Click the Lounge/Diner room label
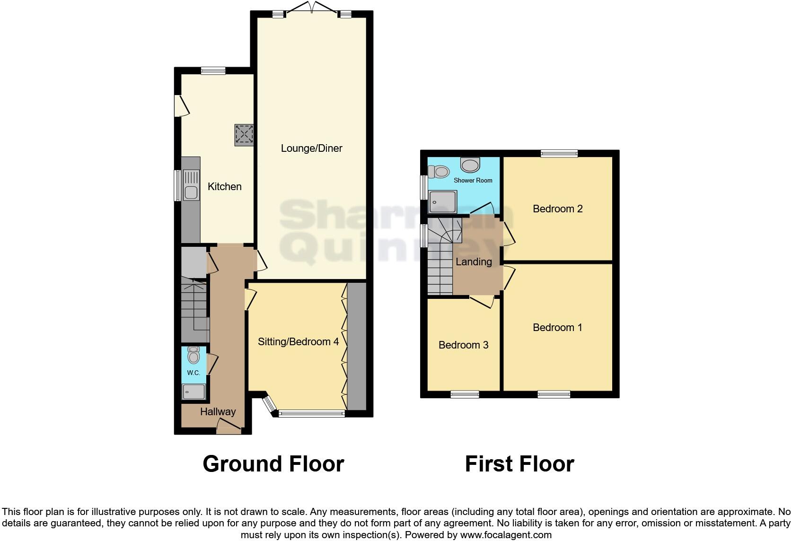[311, 148]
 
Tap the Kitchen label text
[225, 187]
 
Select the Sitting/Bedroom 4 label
[298, 342]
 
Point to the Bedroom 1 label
[557, 328]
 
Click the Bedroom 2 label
[557, 209]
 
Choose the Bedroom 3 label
[463, 345]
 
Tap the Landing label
[474, 262]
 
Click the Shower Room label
[473, 180]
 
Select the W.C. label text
[193, 373]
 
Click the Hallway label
[218, 412]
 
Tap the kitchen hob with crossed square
[244, 134]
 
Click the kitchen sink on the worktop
[191, 192]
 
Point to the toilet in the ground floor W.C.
[193, 355]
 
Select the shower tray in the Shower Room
[443, 202]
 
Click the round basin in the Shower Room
[470, 165]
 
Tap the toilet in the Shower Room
[439, 171]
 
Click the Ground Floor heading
[273, 464]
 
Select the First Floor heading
[519, 464]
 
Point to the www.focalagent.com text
[506, 535]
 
